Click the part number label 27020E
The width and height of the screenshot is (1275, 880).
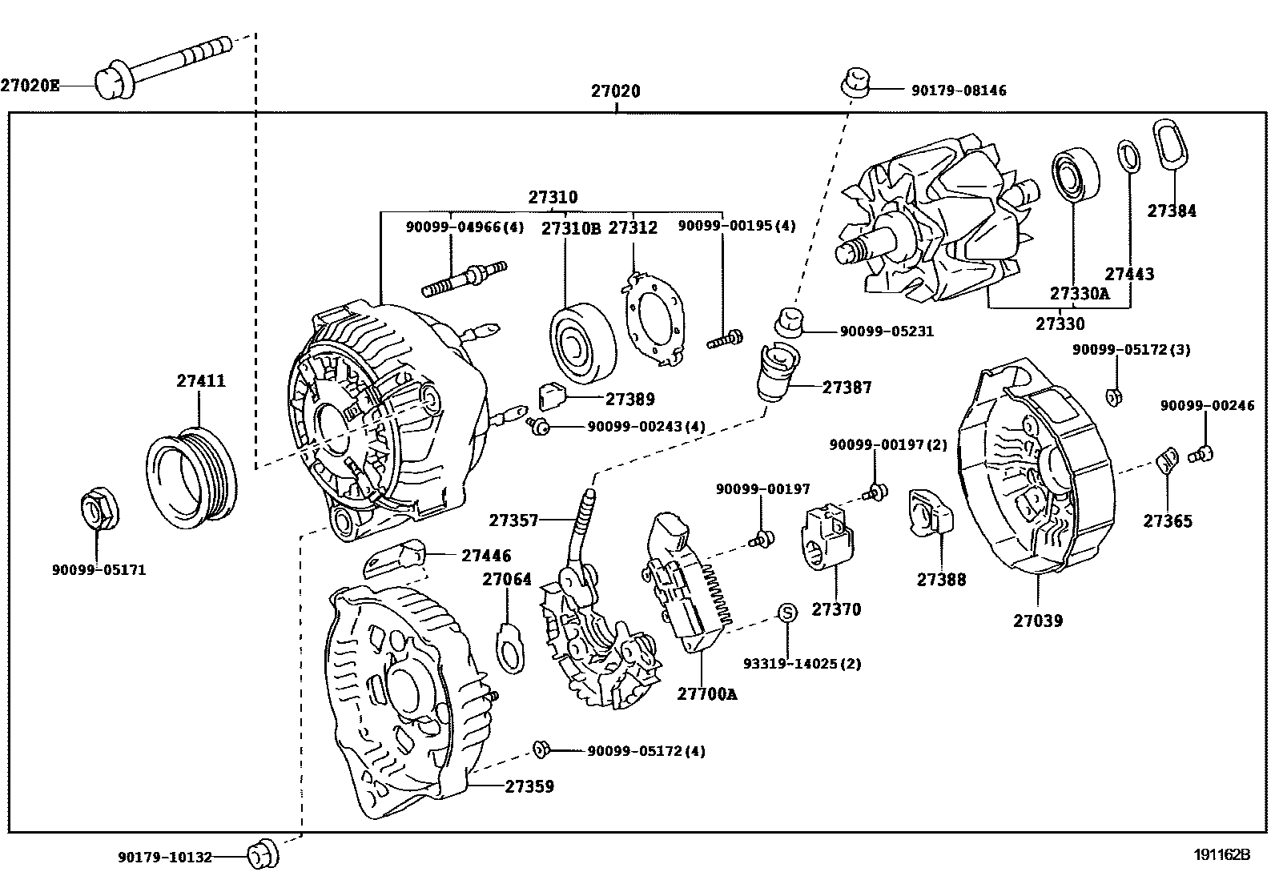pyautogui.click(x=30, y=84)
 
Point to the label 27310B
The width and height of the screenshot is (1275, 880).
pyautogui.click(x=570, y=228)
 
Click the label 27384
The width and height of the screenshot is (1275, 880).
pyautogui.click(x=1171, y=211)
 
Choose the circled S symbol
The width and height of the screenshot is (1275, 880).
pyautogui.click(x=787, y=613)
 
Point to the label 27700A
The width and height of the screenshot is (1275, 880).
pyautogui.click(x=706, y=694)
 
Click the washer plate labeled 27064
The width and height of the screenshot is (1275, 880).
pyautogui.click(x=510, y=647)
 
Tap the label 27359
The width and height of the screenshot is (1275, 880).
pyautogui.click(x=529, y=786)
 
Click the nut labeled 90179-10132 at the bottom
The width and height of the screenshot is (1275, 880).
pyautogui.click(x=259, y=855)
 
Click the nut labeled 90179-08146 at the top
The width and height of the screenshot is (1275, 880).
pyautogui.click(x=855, y=82)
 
